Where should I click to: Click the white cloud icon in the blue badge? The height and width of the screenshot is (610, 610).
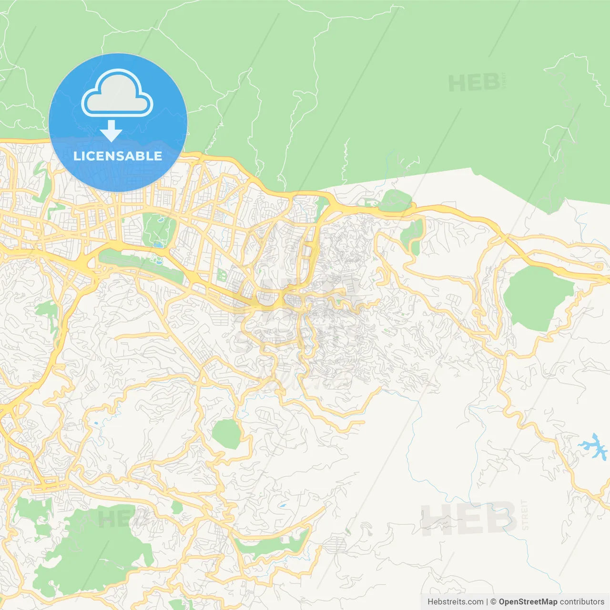coord(117,94)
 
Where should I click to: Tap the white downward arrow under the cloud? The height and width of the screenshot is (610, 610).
coord(111,131)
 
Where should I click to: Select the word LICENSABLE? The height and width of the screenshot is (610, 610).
coord(118,156)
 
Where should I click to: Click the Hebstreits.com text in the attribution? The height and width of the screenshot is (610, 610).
coord(455,602)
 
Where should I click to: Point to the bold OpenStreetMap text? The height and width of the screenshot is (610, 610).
coord(528,602)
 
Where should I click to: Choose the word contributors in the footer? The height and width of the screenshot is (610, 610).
coord(582,602)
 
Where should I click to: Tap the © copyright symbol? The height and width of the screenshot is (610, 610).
coord(493,602)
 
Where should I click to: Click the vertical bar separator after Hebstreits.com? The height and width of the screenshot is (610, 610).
coord(487,602)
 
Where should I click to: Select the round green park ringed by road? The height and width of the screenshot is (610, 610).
coord(226,434)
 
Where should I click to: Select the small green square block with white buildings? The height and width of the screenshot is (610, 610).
coord(222,275)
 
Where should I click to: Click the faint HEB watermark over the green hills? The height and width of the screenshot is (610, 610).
coord(474,83)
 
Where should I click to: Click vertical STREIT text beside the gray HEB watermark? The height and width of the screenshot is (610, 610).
coord(525,515)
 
